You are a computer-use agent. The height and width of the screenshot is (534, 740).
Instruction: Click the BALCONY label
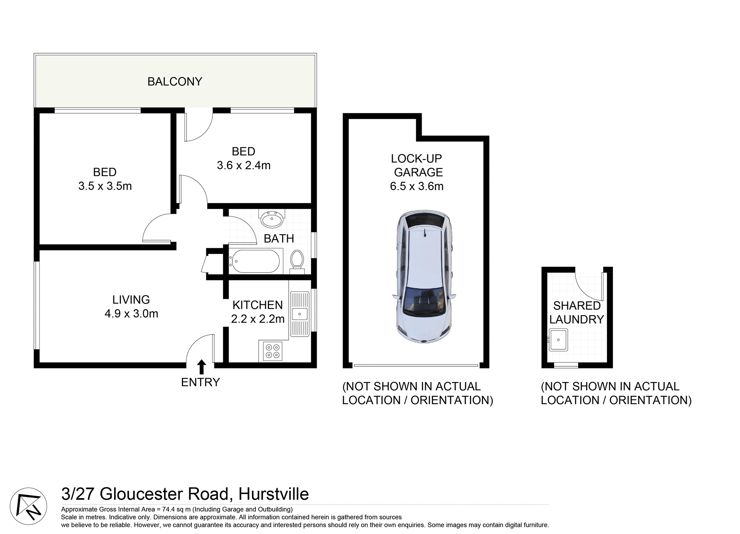(x=175, y=82)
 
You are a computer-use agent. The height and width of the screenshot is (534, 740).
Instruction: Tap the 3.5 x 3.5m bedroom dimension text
(x=105, y=186)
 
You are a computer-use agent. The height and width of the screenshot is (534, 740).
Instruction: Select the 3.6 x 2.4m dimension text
(x=244, y=165)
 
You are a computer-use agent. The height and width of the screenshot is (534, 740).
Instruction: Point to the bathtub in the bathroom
(x=254, y=261)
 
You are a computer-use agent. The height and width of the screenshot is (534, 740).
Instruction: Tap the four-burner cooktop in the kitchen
(x=272, y=351)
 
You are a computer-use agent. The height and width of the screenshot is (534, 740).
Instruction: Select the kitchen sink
(x=299, y=314)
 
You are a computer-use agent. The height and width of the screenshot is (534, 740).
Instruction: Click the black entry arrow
(x=201, y=367)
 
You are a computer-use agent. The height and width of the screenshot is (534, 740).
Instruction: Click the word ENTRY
(x=200, y=382)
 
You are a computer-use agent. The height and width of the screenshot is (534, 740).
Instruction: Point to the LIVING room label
(x=131, y=300)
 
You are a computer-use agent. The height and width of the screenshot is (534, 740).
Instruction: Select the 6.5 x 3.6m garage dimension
(x=417, y=186)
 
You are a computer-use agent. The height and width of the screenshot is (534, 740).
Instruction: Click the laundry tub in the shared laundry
(x=558, y=339)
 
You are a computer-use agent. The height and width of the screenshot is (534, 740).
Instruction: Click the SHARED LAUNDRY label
(x=577, y=312)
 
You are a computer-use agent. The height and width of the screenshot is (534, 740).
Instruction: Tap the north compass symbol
(x=28, y=506)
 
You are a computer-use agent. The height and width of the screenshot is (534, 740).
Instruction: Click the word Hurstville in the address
(x=274, y=494)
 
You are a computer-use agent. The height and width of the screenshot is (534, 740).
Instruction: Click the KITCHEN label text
(x=257, y=305)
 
